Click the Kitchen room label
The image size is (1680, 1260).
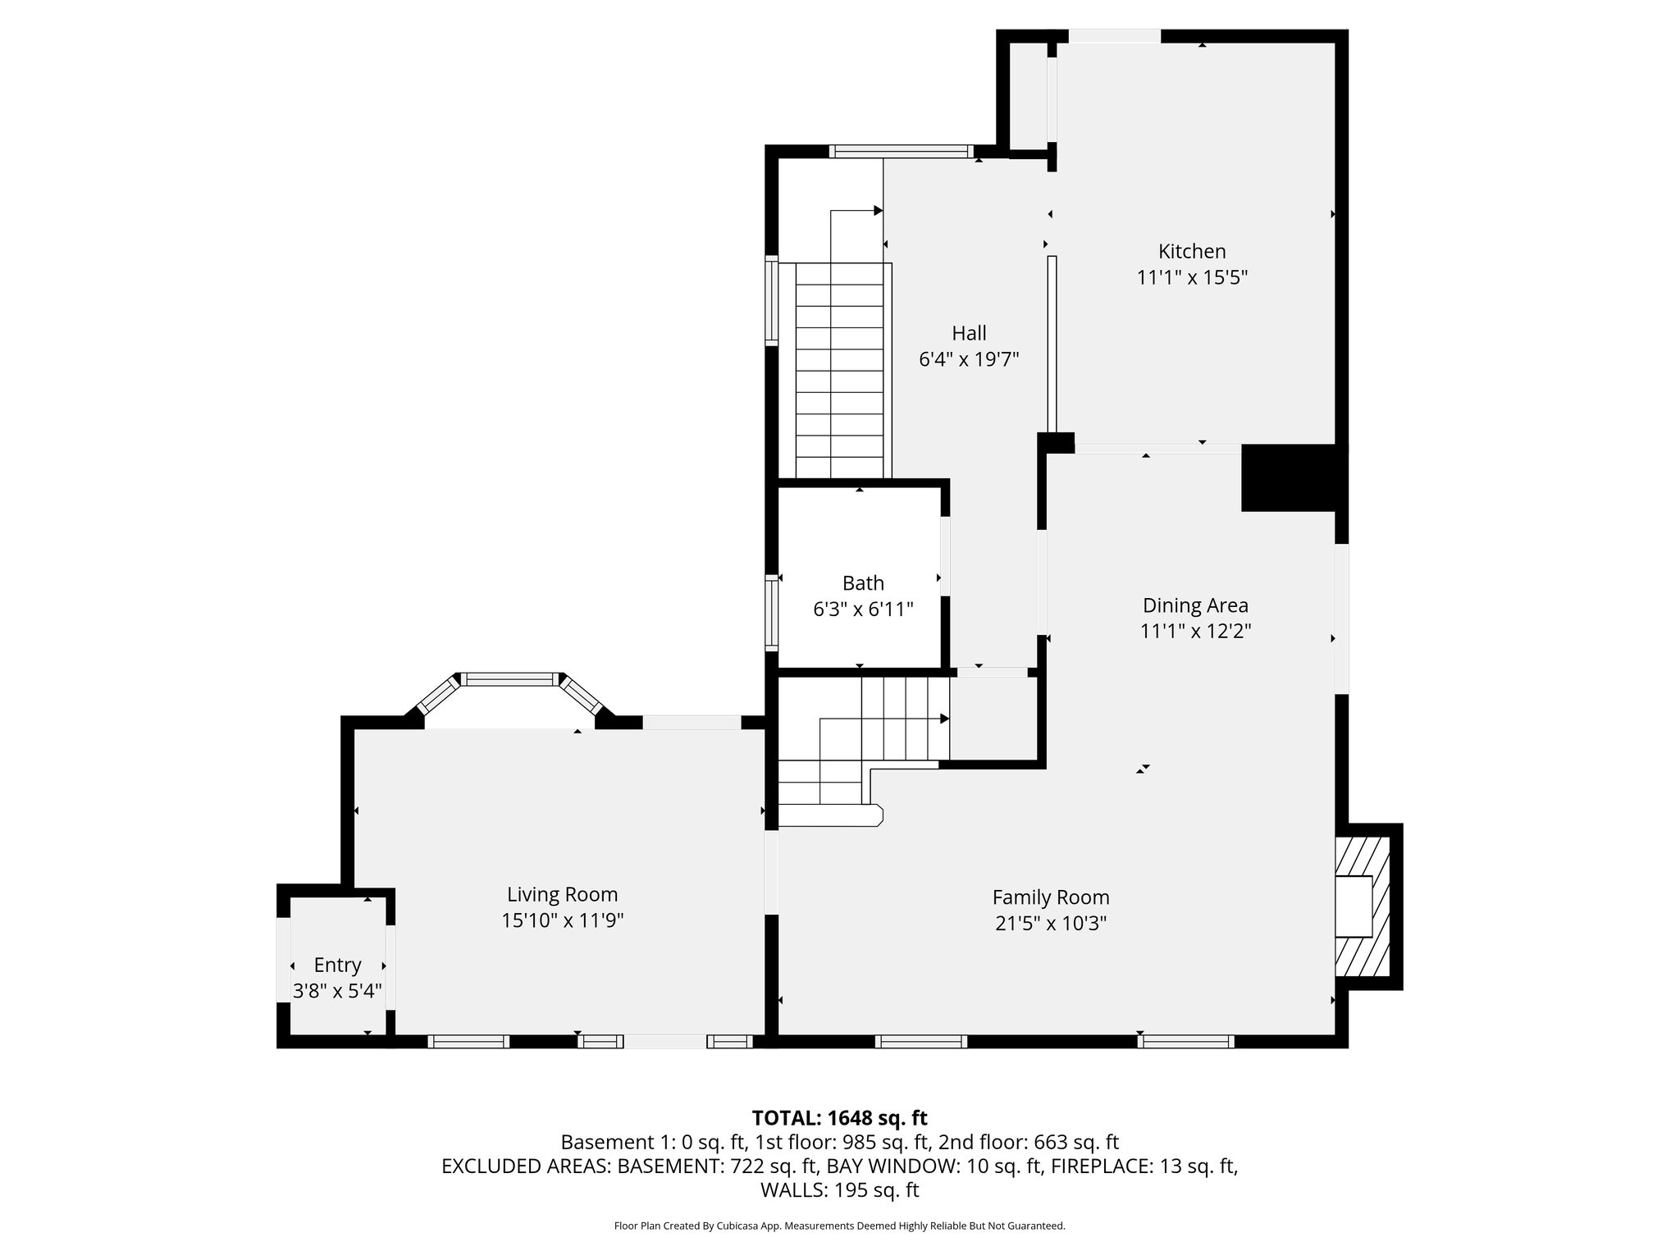click(1191, 251)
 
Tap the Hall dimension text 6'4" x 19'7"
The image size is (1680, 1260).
click(969, 359)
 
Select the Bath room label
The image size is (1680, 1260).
click(863, 582)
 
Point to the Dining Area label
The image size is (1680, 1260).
click(1195, 605)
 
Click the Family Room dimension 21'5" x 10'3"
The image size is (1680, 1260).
click(1051, 924)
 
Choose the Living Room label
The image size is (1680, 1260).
click(562, 894)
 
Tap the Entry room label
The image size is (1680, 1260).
click(337, 965)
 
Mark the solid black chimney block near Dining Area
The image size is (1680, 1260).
click(1290, 478)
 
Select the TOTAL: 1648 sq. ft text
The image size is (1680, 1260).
click(839, 1117)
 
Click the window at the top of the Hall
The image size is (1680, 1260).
click(900, 151)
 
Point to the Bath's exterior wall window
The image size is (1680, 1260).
click(771, 611)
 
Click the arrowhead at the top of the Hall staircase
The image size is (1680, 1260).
click(878, 211)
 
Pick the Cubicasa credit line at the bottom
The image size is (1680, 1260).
click(839, 1226)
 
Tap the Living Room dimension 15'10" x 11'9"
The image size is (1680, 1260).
click(562, 920)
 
